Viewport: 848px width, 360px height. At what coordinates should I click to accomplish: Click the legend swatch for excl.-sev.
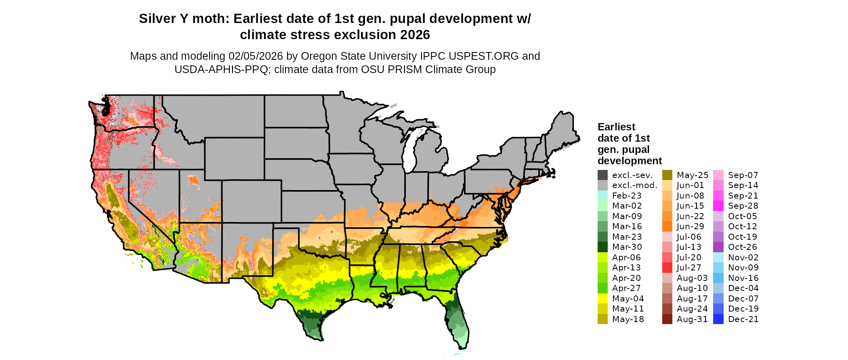(602, 175)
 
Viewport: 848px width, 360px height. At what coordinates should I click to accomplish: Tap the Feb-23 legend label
(627, 196)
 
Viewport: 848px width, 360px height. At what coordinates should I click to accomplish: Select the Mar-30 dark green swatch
(602, 247)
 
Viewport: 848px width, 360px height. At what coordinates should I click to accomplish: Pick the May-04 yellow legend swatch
(602, 299)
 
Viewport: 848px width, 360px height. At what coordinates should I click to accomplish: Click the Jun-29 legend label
(690, 226)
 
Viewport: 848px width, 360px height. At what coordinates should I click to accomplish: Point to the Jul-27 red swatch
(667, 268)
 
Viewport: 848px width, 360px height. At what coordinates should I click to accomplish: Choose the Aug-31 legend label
(692, 319)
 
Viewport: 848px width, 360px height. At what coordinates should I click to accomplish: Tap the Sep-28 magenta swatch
(718, 206)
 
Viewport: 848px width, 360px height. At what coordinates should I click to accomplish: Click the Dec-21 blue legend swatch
(718, 319)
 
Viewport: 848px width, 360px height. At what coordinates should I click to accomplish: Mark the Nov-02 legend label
(743, 257)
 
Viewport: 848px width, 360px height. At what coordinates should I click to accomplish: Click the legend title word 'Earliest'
(616, 127)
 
